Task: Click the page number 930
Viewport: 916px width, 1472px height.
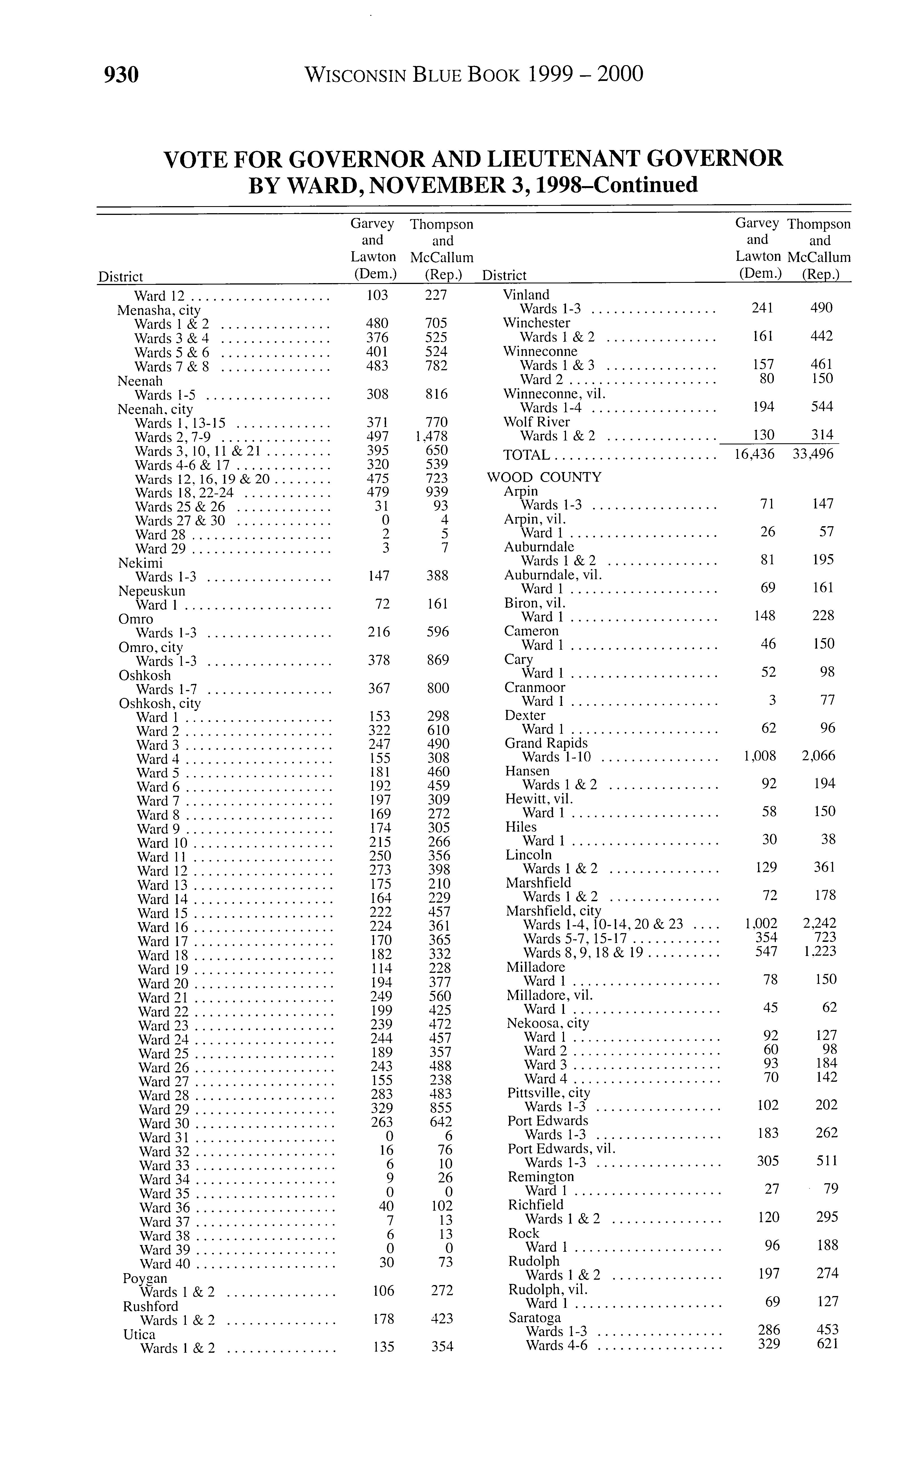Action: (x=122, y=74)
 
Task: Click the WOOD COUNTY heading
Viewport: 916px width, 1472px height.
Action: (x=544, y=477)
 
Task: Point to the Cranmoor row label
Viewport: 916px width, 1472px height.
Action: (x=534, y=687)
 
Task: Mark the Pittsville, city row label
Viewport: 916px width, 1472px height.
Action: (x=548, y=1093)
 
